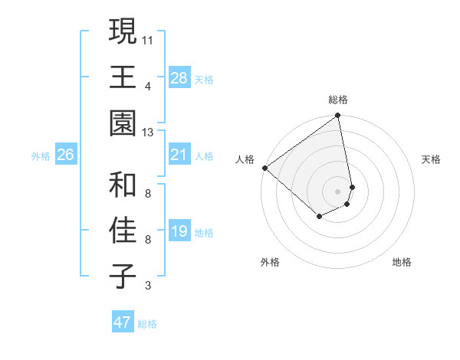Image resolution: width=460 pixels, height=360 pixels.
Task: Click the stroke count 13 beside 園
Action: pos(148,133)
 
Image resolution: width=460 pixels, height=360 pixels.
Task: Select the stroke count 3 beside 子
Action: pos(147,286)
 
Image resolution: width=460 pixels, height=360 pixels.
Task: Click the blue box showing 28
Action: pos(179,77)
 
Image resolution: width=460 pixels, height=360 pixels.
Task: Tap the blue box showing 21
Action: pos(179,155)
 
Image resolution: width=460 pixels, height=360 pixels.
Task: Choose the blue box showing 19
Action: pos(179,231)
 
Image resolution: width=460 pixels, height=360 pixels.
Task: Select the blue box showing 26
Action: pos(65,155)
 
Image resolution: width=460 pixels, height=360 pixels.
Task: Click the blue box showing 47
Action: pos(123,322)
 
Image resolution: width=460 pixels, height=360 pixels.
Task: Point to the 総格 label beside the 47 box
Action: pos(147,324)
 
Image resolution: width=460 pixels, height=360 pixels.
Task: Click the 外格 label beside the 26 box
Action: pos(41,156)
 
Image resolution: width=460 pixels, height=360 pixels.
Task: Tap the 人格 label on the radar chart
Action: pos(245,159)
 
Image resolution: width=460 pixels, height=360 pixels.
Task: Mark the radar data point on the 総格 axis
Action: pos(337,116)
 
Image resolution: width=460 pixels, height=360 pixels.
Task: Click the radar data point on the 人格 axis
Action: pos(264,168)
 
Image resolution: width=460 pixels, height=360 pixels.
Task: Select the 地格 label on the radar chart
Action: pos(402,262)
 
